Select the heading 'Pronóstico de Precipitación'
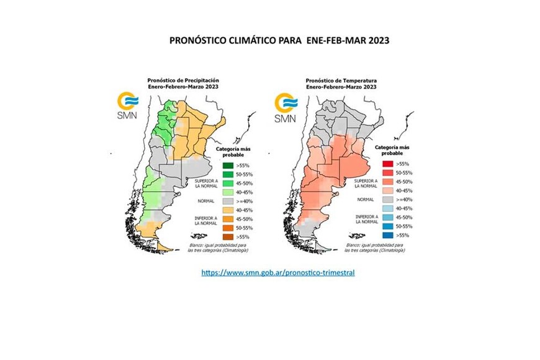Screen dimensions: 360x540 point(182,81)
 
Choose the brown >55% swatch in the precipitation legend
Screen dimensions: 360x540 point(228,236)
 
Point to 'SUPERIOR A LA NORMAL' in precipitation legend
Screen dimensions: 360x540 point(204,183)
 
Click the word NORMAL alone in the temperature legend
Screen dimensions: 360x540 point(364,200)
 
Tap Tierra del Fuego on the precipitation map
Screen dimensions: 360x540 point(163,246)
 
